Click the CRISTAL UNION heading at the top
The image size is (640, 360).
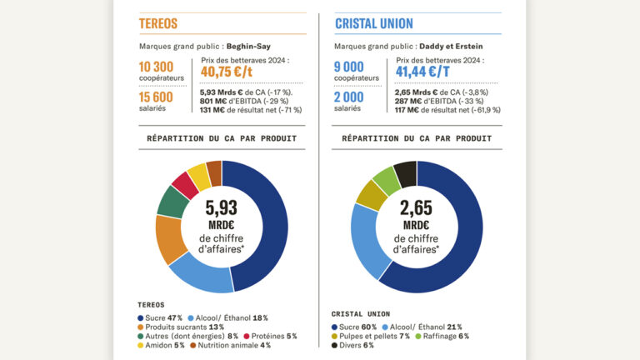374,23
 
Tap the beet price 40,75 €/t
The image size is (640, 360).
227,72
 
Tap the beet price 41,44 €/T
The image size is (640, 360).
424,72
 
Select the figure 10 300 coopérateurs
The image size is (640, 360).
156,67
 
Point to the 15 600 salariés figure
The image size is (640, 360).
156,100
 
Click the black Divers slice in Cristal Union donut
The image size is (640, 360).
406,174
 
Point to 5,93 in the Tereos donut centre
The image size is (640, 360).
222,208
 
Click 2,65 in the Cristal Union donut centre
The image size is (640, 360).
417,208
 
